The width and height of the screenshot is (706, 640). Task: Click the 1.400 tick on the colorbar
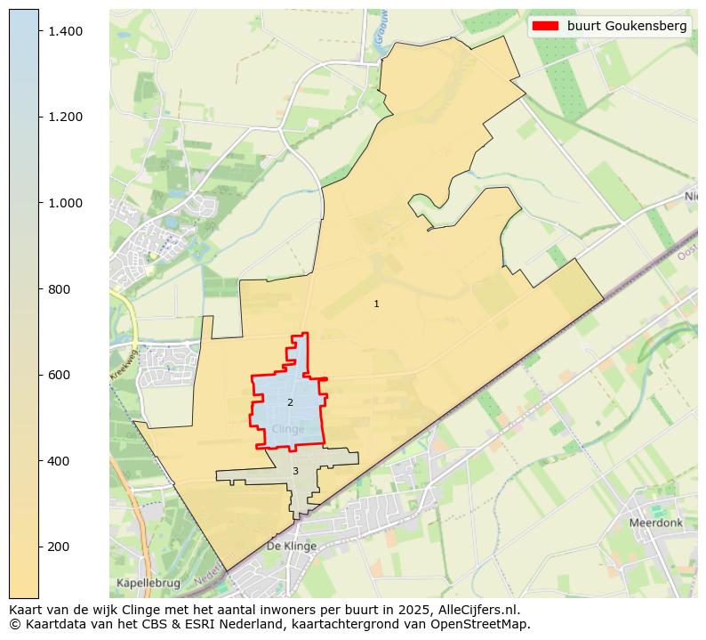point(65,31)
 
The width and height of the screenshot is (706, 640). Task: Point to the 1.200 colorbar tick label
point(65,117)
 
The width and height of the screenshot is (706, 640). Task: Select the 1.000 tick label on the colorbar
point(65,203)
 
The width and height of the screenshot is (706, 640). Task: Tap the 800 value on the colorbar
point(60,289)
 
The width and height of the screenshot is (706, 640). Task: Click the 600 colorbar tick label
point(60,375)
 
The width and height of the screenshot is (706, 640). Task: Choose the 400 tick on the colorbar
point(60,461)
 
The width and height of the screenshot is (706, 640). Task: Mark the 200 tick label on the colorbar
point(60,547)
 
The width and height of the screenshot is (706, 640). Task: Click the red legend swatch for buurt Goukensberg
point(544,26)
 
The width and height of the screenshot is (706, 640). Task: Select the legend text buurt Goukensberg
point(627,26)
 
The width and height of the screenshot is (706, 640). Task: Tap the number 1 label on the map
point(376,304)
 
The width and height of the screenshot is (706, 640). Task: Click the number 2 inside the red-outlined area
point(290,403)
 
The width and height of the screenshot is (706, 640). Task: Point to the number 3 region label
point(295,472)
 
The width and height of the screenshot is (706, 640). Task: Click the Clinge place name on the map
point(288,429)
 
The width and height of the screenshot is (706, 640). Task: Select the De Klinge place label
point(291,546)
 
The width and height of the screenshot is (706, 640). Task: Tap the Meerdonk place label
point(655,523)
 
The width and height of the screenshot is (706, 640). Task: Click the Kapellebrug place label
point(148,583)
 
